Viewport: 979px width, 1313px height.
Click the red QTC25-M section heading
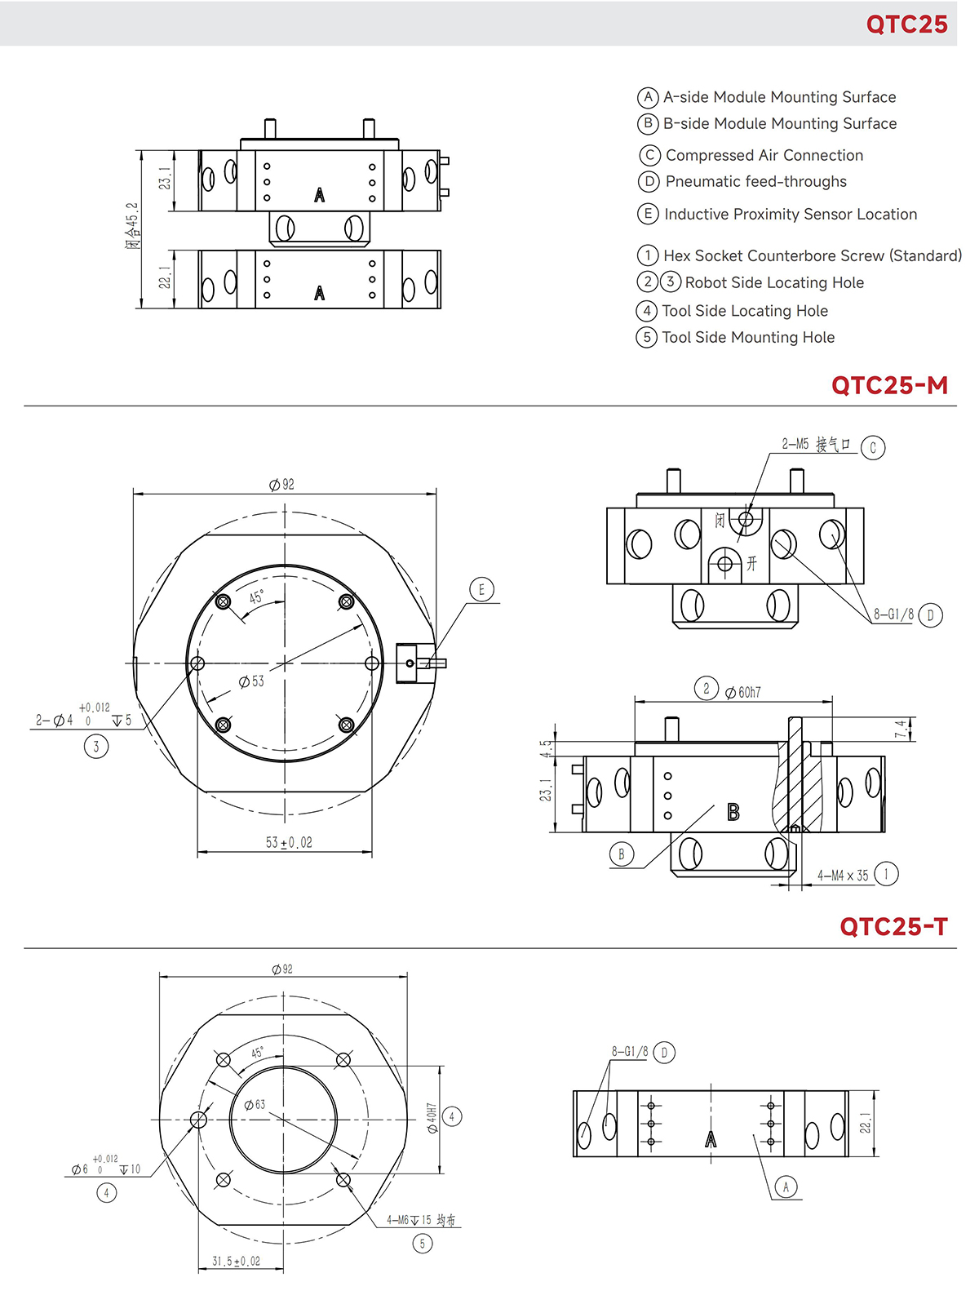(889, 385)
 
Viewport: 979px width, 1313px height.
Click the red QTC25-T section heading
(893, 927)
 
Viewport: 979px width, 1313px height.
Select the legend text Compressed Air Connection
(764, 155)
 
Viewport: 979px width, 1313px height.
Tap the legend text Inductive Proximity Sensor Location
(790, 214)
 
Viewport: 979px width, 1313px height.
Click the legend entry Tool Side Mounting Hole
(747, 337)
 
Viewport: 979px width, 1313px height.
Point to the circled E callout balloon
(481, 589)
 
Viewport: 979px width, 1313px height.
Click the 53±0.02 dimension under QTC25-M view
(289, 842)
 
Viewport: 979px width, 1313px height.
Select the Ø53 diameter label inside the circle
(251, 681)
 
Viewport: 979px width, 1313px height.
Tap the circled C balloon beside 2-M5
(872, 447)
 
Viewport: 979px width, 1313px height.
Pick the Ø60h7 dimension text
(743, 692)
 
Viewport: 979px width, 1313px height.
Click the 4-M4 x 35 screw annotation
(843, 876)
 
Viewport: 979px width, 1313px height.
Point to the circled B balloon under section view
(621, 854)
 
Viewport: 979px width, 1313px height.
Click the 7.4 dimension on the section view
(900, 729)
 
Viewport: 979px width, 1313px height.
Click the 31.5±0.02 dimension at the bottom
(236, 1261)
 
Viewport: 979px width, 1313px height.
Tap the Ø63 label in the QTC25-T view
(255, 1104)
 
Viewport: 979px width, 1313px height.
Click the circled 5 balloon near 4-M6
(422, 1244)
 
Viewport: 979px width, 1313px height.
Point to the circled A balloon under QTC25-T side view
(786, 1187)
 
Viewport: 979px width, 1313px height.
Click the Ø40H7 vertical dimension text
(432, 1118)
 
